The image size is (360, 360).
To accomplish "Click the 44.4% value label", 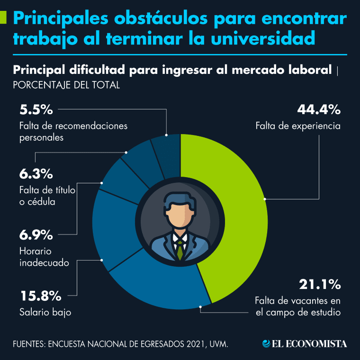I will pos(319,110).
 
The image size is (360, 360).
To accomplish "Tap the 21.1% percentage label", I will pos(320,284).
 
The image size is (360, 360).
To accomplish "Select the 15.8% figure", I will pos(40,297).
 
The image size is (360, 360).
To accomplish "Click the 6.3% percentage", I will pos(36,174).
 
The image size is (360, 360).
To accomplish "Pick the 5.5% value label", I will pos(36,110).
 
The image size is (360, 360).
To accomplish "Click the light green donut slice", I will pos(237,213).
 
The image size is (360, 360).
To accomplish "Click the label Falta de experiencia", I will pos(298,126).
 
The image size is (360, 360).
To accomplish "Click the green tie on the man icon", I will pos(180,251).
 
